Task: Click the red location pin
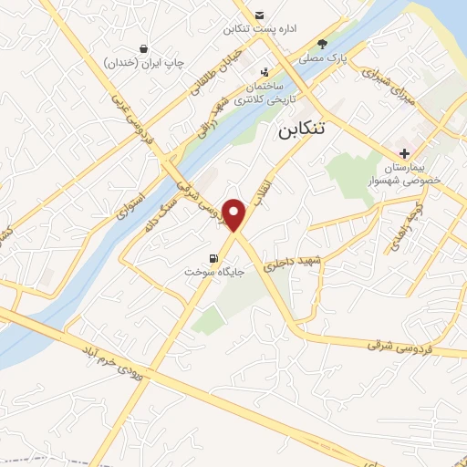235,214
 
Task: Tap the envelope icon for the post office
260,16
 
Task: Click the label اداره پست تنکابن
261,30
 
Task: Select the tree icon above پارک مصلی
321,43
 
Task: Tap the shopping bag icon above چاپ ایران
144,48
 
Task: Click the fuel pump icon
214,258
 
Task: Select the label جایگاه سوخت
205,273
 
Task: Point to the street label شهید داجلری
294,264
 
